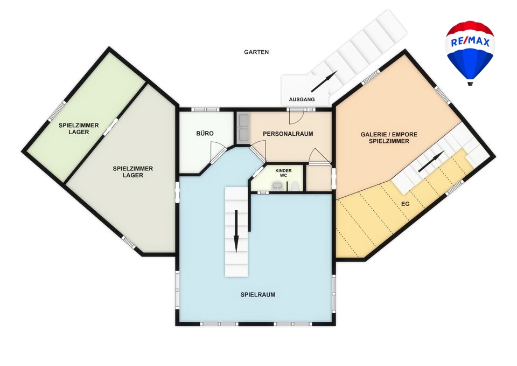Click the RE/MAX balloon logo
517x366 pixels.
coord(470,53)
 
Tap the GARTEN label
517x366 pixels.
coord(256,52)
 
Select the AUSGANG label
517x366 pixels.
coord(302,99)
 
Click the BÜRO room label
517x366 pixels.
coord(205,133)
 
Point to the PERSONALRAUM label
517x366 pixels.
coord(288,134)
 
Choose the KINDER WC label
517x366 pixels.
coord(284,173)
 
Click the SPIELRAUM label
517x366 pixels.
coord(258,295)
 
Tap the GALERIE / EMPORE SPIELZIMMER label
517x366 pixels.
coord(389,137)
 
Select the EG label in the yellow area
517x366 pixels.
coord(405,204)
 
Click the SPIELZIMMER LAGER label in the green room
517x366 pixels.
coord(79,128)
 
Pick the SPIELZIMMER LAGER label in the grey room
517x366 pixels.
coord(133,171)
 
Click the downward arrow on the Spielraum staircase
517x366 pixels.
coord(236,231)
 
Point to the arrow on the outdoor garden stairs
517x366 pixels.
coord(324,81)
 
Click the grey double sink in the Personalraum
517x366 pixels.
coord(243,128)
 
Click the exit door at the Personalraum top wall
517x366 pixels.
coord(296,116)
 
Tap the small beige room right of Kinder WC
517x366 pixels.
coord(318,178)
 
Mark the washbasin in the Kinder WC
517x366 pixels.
coord(277,187)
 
